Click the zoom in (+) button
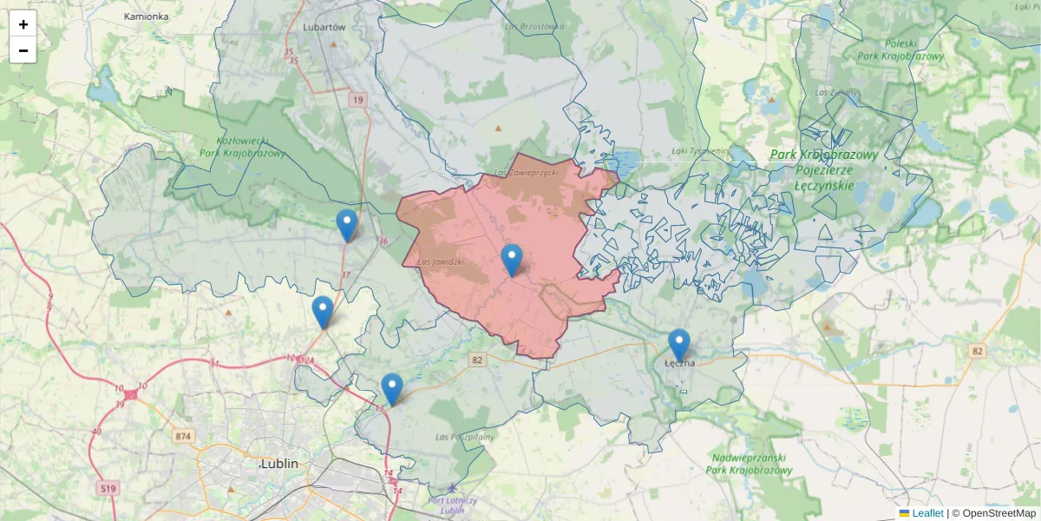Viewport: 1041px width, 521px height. coord(23,24)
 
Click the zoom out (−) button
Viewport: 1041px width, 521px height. coord(23,50)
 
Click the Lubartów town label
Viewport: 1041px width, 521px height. coord(324,27)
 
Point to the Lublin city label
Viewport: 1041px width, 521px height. coord(279,464)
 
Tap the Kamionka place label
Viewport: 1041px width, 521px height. coord(146,16)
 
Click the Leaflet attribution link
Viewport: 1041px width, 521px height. coord(927,513)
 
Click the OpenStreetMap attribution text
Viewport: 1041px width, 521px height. coord(998,513)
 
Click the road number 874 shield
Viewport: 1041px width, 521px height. coord(182,436)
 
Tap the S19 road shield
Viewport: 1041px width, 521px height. coord(108,490)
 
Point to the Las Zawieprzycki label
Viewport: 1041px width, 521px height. coord(526,174)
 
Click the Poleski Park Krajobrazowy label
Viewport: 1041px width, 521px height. coord(900,49)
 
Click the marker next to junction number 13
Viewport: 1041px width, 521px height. coord(392,389)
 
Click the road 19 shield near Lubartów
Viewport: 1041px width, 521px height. coord(358,101)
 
